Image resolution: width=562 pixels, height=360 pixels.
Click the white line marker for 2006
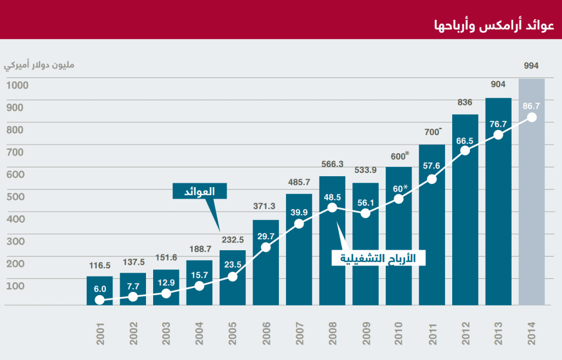point(266,247)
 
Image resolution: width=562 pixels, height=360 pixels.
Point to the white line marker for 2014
point(531,117)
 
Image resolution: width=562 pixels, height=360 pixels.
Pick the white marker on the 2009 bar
point(365,213)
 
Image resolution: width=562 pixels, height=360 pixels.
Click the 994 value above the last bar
point(531,66)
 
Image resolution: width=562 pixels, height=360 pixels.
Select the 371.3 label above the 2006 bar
point(266,206)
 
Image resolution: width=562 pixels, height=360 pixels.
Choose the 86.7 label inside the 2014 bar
point(531,105)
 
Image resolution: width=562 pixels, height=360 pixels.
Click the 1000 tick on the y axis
point(18,85)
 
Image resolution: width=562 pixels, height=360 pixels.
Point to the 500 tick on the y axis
point(15,196)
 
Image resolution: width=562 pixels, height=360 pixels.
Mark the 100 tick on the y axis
point(15,285)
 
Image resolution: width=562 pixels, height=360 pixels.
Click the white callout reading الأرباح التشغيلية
point(379,258)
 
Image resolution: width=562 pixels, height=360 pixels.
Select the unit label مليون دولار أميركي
point(39,66)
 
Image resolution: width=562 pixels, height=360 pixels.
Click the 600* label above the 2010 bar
point(398,156)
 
